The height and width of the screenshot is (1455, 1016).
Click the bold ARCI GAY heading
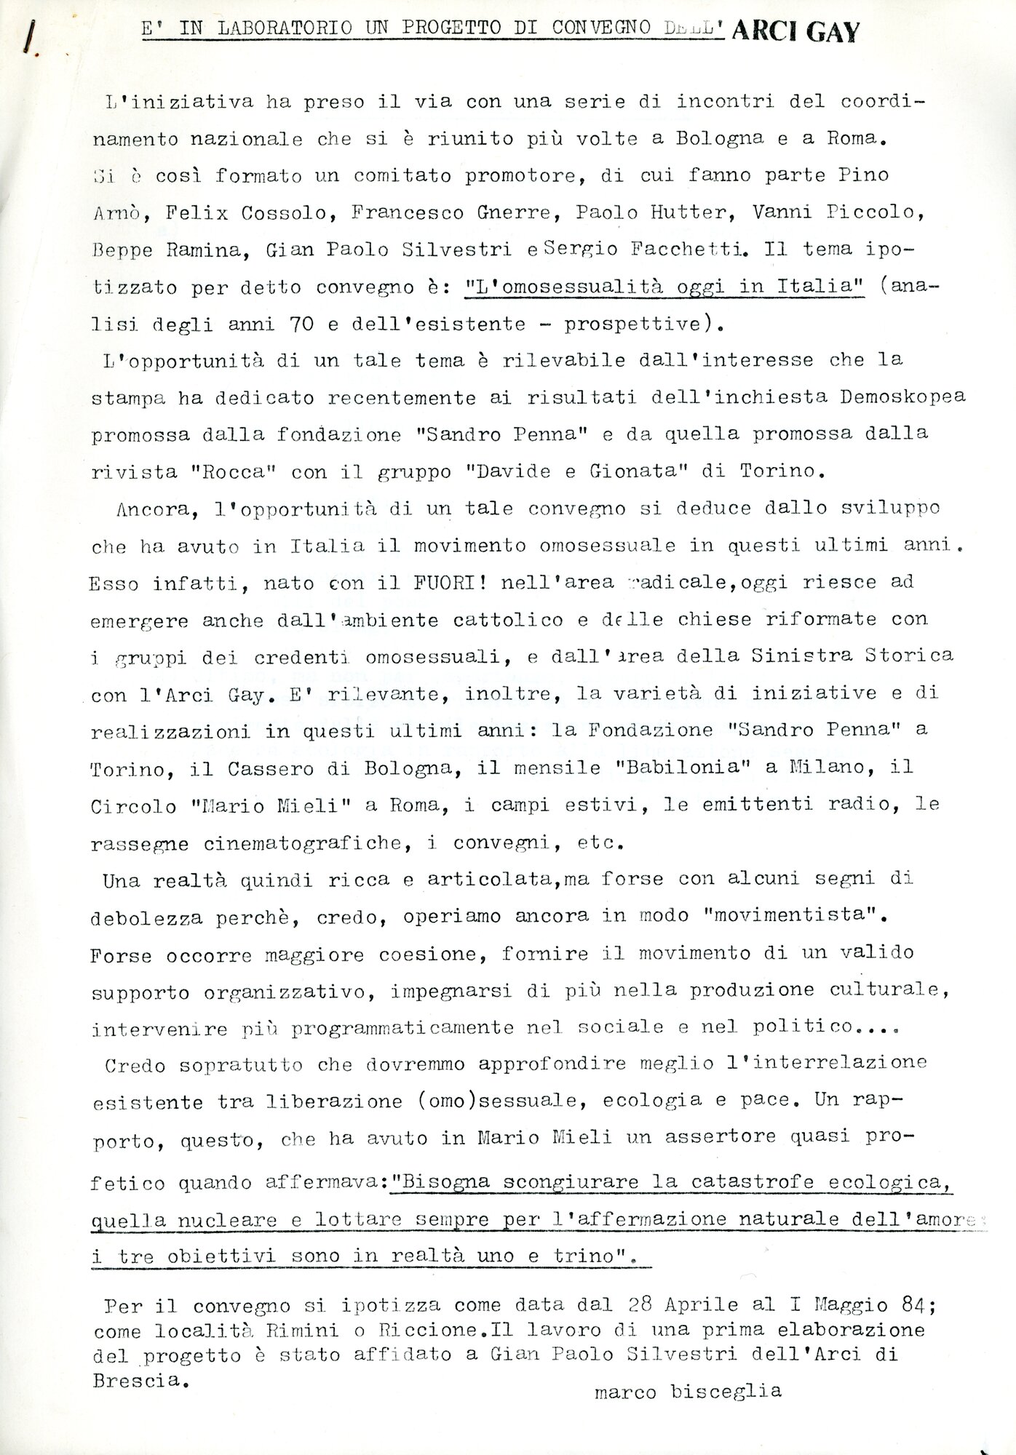795,32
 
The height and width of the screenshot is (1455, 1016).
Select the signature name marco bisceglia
688,1391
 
